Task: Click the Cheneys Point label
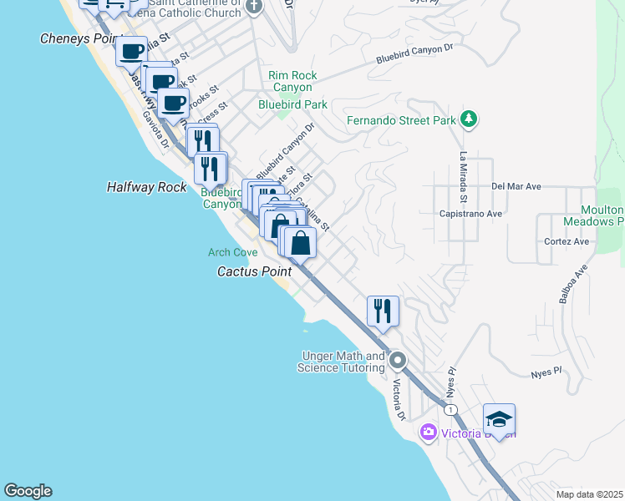tap(76, 39)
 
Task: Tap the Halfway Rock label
tap(147, 187)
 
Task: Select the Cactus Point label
tap(254, 271)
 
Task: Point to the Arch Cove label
tap(232, 252)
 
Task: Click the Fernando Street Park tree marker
tap(470, 120)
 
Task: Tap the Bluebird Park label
tap(292, 104)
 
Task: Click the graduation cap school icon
tap(499, 419)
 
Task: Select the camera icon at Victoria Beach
tap(429, 433)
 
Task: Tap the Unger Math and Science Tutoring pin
tap(398, 362)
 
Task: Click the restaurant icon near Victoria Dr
tap(383, 311)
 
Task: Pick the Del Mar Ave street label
tap(517, 186)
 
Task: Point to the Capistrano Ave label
tap(470, 213)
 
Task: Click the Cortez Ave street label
tap(566, 242)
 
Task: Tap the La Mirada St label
tap(462, 177)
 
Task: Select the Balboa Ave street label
tap(575, 284)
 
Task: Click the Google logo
tap(28, 491)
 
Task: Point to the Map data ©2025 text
tap(589, 494)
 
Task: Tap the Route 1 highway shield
tap(451, 409)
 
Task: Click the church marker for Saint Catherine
tap(255, 7)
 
